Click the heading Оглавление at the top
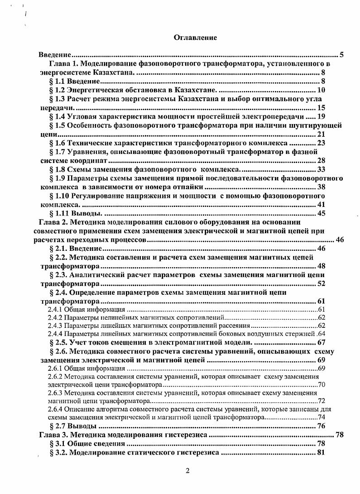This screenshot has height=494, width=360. [196, 38]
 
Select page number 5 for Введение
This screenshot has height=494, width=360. [341, 55]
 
